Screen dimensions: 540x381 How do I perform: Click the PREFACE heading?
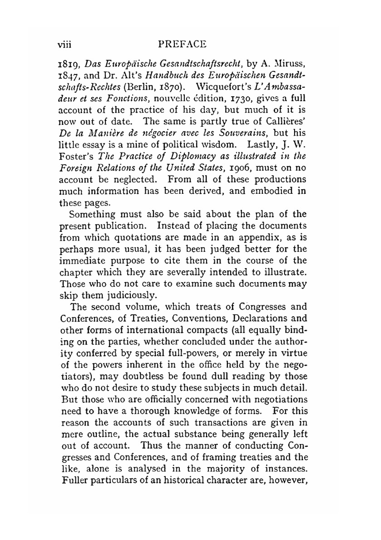[182, 44]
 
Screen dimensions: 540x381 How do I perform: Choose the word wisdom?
[224, 144]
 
